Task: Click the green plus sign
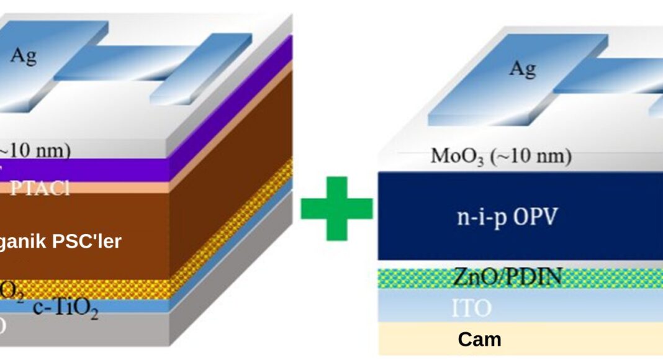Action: (336, 209)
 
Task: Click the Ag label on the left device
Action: (23, 56)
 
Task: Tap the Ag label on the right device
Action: (522, 68)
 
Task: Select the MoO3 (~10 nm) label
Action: (500, 156)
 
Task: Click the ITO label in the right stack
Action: (472, 307)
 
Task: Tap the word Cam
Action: (479, 339)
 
